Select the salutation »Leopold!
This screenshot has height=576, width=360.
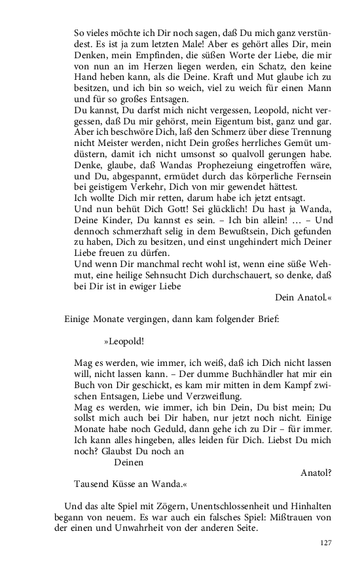(124, 341)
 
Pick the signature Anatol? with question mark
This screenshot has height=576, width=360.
(316, 472)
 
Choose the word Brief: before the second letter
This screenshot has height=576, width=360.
(265, 319)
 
